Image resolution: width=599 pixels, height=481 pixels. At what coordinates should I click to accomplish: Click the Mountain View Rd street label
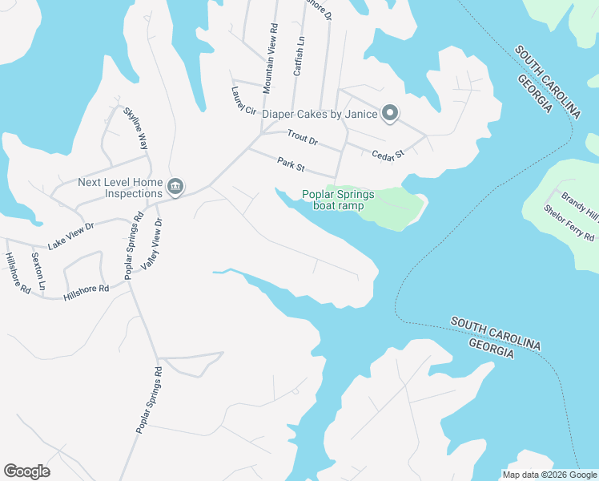[x=272, y=55]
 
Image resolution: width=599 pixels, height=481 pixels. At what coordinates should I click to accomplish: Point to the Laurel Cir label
[x=243, y=100]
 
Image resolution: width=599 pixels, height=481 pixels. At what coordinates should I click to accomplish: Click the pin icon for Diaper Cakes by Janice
[x=390, y=114]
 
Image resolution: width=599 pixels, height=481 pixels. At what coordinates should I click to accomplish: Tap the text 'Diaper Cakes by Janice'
[x=320, y=114]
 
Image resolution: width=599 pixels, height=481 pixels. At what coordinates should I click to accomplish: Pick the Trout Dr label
[x=303, y=139]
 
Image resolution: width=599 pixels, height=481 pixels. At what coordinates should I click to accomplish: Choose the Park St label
[x=291, y=164]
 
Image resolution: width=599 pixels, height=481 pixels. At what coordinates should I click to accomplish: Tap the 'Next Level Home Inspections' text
[x=120, y=188]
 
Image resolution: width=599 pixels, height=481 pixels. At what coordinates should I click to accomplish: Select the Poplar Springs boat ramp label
[x=337, y=200]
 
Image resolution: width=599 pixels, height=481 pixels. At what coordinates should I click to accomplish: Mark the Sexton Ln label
[x=37, y=271]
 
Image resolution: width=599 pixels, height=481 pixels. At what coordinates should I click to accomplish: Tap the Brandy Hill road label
[x=579, y=204]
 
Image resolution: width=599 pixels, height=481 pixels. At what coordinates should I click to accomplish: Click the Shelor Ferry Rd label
[x=569, y=223]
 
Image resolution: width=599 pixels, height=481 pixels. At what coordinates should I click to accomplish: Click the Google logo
[x=26, y=471]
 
